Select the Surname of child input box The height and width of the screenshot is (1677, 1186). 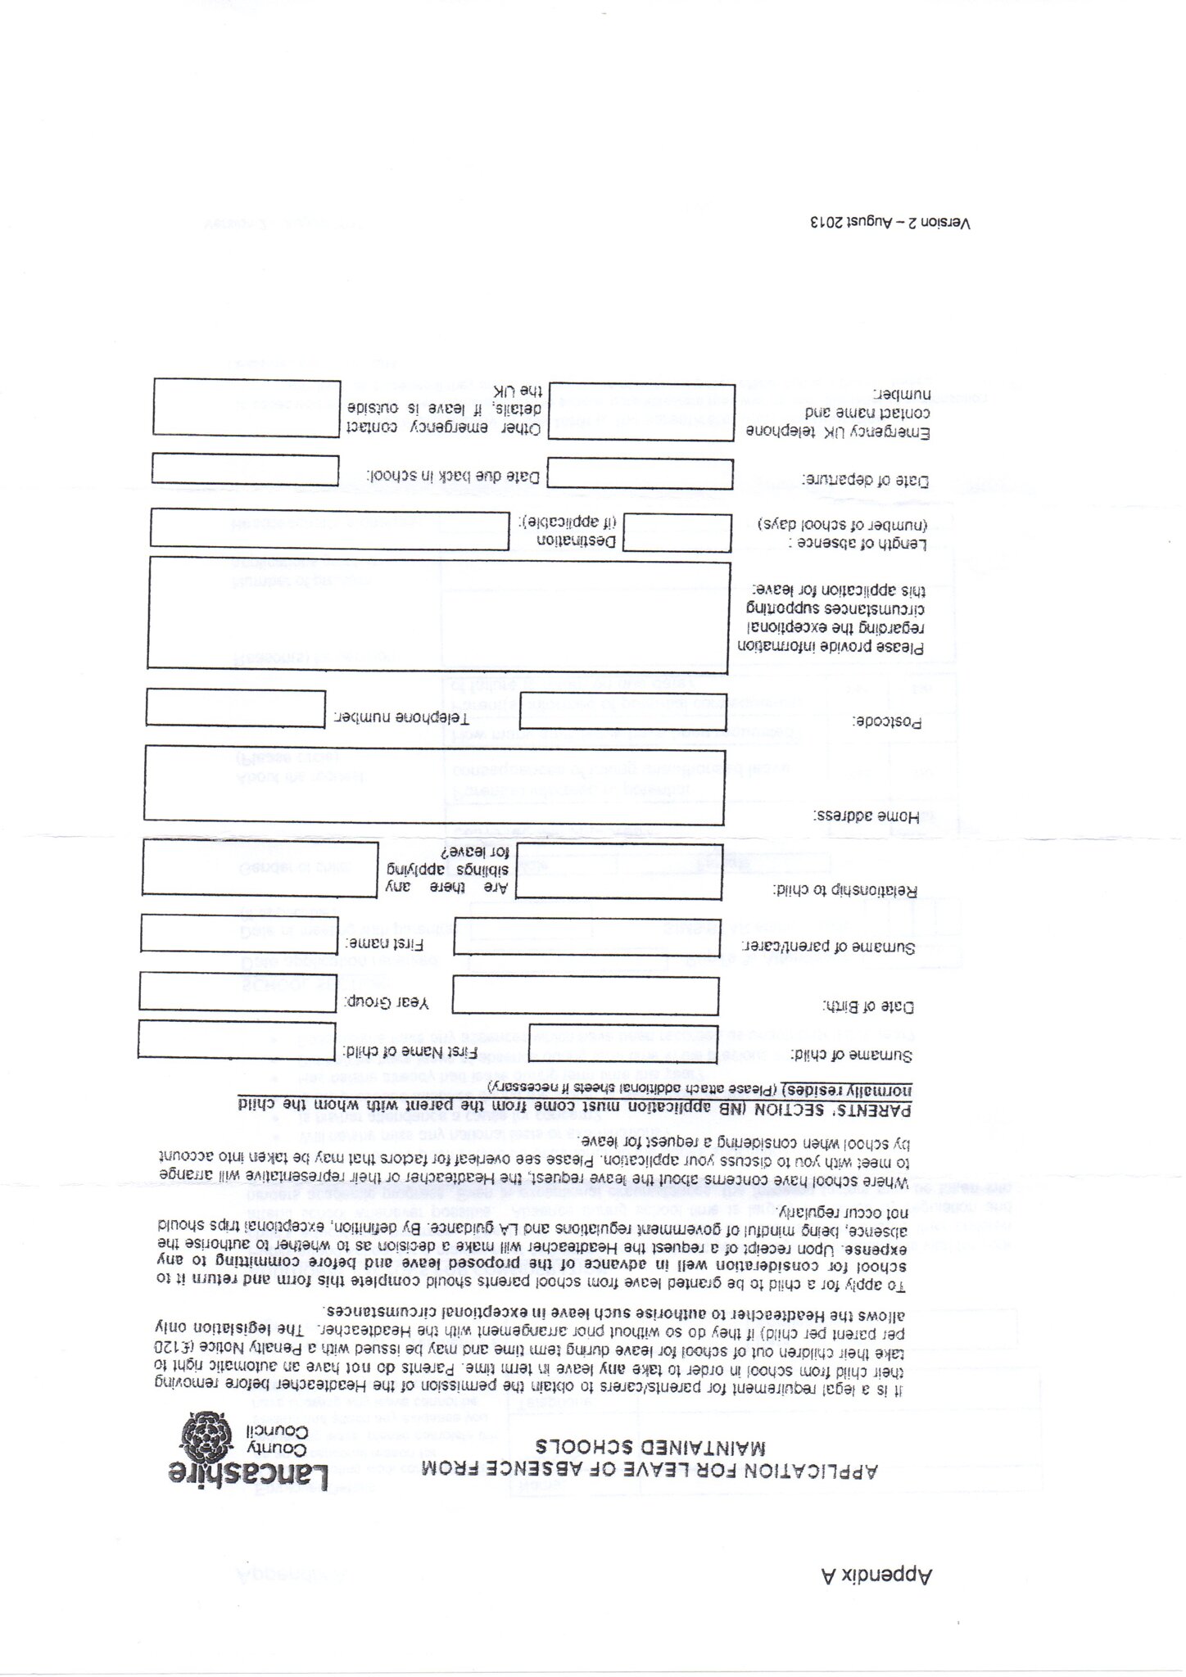click(623, 1042)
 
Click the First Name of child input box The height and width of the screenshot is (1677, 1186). click(237, 1039)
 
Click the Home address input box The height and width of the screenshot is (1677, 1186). click(434, 784)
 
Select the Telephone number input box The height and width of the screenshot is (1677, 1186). click(236, 707)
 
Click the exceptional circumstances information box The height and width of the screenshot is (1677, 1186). click(438, 614)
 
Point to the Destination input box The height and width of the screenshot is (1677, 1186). click(330, 528)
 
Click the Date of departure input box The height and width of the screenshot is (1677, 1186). click(641, 474)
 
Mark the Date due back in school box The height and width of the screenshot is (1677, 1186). click(246, 470)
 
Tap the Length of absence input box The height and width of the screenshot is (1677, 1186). click(677, 533)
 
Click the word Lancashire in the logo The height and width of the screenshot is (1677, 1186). click(249, 1473)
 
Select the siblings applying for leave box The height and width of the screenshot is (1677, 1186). click(260, 867)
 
